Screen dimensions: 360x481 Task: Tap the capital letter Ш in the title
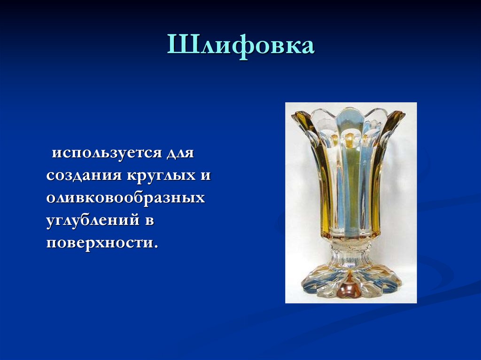click(179, 46)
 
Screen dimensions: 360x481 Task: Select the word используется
click(105, 153)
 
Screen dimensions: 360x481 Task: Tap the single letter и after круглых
click(206, 176)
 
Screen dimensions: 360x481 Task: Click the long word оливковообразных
click(125, 198)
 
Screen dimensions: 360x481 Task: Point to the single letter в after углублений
click(149, 221)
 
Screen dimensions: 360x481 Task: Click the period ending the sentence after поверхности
click(155, 247)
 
